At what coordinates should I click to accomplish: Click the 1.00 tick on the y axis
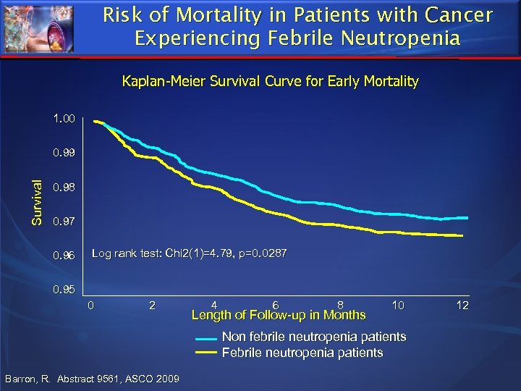click(63, 117)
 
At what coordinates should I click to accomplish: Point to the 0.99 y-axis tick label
click(63, 154)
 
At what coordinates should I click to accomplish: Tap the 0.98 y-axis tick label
click(63, 188)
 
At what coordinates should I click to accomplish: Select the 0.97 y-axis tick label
click(63, 220)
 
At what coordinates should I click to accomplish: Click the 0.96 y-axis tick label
click(63, 255)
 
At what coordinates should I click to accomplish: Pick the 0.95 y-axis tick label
click(63, 290)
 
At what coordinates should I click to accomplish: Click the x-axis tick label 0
click(90, 305)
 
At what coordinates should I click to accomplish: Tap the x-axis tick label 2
click(151, 305)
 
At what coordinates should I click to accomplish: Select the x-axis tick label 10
click(398, 305)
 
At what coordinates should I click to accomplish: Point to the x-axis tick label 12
click(462, 305)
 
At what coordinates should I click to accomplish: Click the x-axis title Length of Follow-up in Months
click(278, 314)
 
